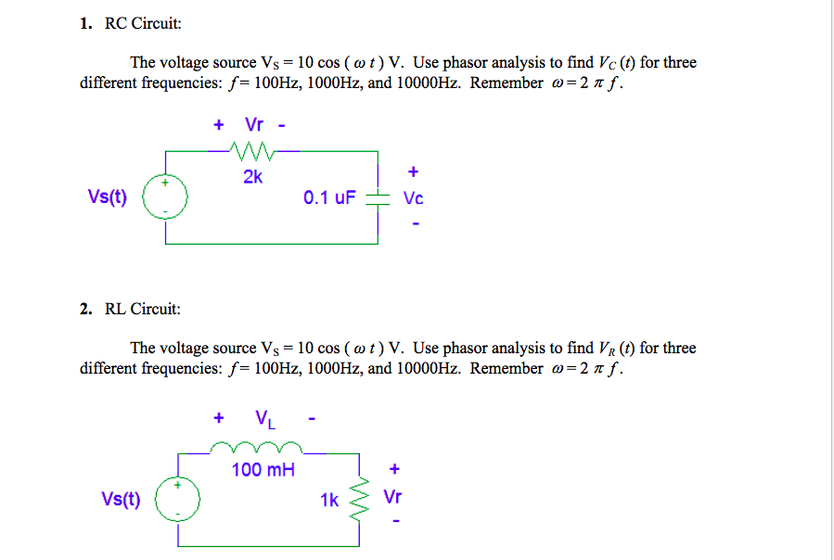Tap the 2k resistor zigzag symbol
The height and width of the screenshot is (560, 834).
coord(251,149)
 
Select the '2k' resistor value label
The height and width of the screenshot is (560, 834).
coord(252,177)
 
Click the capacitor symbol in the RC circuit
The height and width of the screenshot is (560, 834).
coord(378,197)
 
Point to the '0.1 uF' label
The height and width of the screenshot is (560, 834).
coord(327,197)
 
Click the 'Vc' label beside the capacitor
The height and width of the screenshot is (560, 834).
coord(414,198)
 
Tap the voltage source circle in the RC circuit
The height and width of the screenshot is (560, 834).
coord(167,197)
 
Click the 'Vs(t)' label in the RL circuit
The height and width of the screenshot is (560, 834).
coord(121,498)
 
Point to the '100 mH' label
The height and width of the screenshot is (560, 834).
coord(263,470)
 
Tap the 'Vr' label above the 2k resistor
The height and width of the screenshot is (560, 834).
coord(254,124)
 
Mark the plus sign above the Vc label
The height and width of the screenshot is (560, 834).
coord(414,172)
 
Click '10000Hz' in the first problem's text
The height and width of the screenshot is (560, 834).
coord(430,83)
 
